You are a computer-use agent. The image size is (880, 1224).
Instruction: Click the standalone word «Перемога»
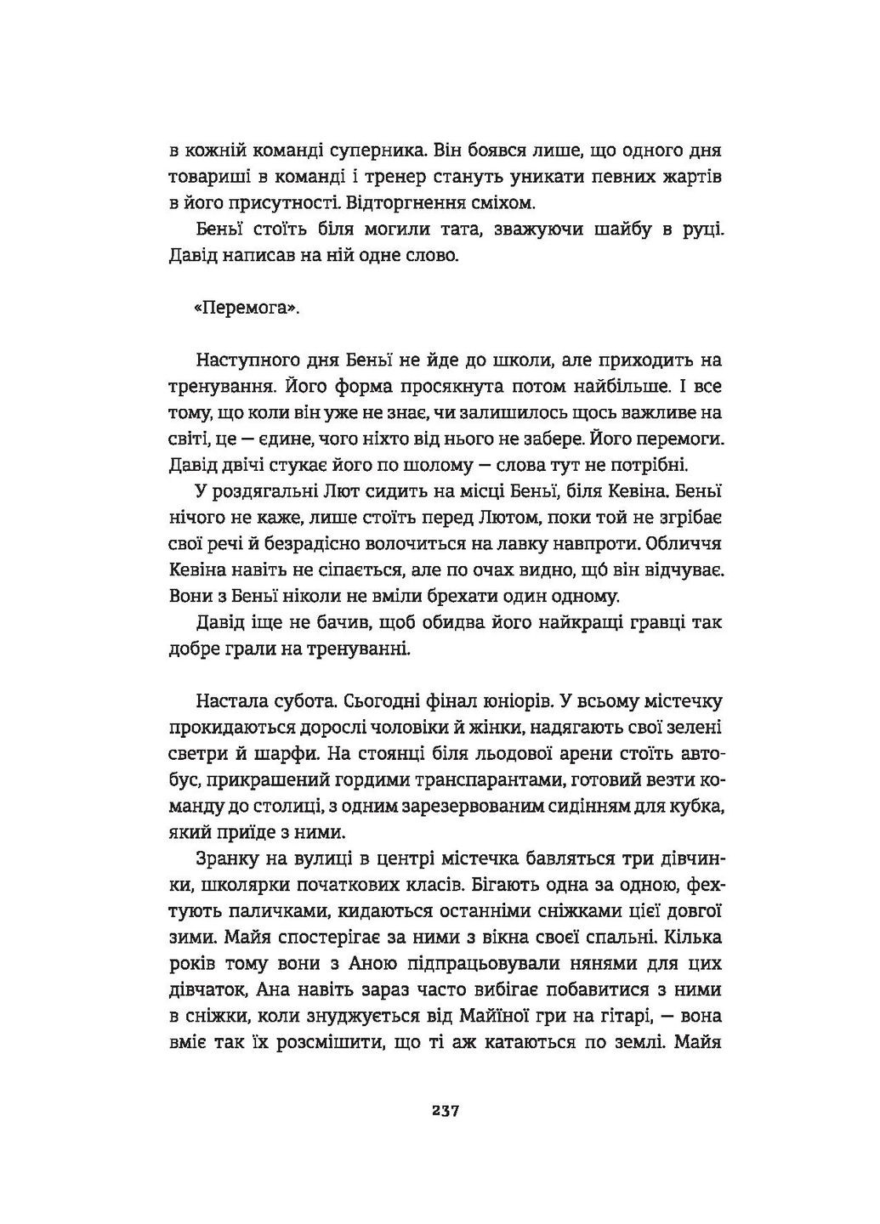tap(247, 309)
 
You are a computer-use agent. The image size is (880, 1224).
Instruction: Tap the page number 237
tap(446, 1110)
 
